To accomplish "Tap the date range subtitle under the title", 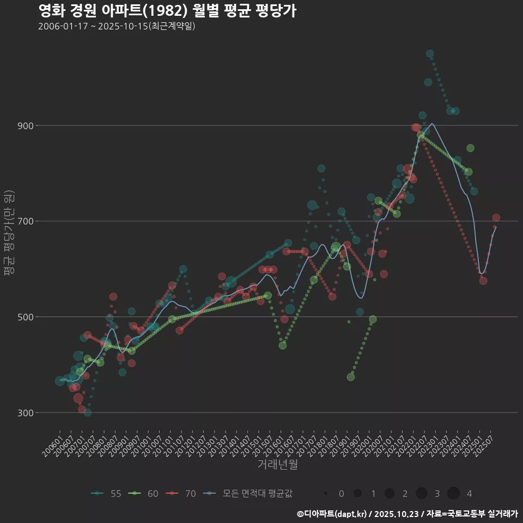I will tap(117, 26).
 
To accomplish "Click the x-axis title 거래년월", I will tap(277, 465).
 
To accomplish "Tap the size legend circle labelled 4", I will tap(453, 494).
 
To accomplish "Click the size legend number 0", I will tap(341, 494).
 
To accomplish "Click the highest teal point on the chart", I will tap(430, 54).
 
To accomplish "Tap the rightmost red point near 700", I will tap(496, 218).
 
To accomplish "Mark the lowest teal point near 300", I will tap(87, 412).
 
